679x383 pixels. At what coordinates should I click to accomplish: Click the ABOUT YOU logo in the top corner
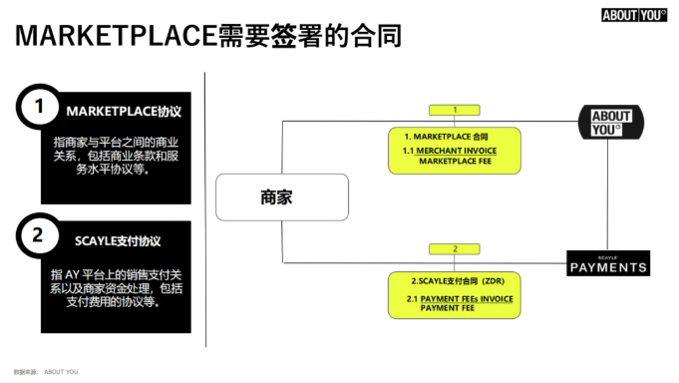[634, 15]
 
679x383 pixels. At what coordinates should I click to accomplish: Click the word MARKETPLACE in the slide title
[116, 35]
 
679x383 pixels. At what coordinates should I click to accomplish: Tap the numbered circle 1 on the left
[39, 107]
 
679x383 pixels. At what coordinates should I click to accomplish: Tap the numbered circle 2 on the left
[38, 235]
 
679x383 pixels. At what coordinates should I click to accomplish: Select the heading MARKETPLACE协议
[124, 112]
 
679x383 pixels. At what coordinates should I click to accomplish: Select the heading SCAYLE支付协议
[118, 241]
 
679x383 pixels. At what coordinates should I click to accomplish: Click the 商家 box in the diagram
[282, 197]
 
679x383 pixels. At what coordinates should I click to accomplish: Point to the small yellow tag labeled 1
[455, 110]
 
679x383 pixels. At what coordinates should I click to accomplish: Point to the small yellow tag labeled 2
[455, 249]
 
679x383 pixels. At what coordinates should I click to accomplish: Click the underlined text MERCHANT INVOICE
[457, 151]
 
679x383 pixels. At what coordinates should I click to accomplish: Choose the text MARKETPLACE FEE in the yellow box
[455, 162]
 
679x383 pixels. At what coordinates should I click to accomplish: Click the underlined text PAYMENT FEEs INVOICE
[467, 299]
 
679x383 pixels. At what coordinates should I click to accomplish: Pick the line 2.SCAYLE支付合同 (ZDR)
[458, 281]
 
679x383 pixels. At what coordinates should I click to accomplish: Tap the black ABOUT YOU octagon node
[611, 122]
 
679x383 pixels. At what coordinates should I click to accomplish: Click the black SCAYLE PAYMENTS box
[608, 263]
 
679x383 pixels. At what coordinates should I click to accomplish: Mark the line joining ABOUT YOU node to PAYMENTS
[607, 194]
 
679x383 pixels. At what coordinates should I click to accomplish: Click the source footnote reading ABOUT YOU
[61, 372]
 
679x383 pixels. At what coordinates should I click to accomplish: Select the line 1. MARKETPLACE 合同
[446, 137]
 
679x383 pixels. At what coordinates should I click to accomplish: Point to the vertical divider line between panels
[205, 209]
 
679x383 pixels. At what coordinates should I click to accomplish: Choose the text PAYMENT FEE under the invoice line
[448, 308]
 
